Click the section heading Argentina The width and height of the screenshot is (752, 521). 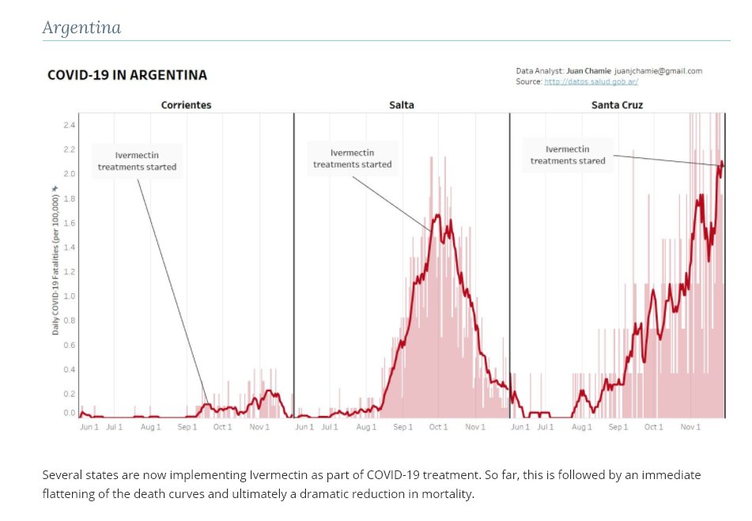81,28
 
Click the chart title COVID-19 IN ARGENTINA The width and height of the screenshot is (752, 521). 127,75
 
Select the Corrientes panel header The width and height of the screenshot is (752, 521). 186,104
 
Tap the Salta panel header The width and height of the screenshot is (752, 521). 401,104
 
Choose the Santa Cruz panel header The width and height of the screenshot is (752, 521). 617,104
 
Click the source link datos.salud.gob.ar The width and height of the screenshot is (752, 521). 591,81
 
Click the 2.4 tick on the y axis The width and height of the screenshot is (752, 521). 70,125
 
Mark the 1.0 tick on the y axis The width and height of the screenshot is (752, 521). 70,296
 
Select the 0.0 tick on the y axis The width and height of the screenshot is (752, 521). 70,413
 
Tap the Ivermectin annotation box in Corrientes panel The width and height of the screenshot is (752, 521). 137,161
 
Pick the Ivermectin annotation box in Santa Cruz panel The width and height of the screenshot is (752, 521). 568,154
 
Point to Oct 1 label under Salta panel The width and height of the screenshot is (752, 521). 438,427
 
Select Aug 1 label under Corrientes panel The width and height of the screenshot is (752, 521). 150,427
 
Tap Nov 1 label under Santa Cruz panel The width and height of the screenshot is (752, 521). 690,427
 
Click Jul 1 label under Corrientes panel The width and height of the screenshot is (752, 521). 115,427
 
